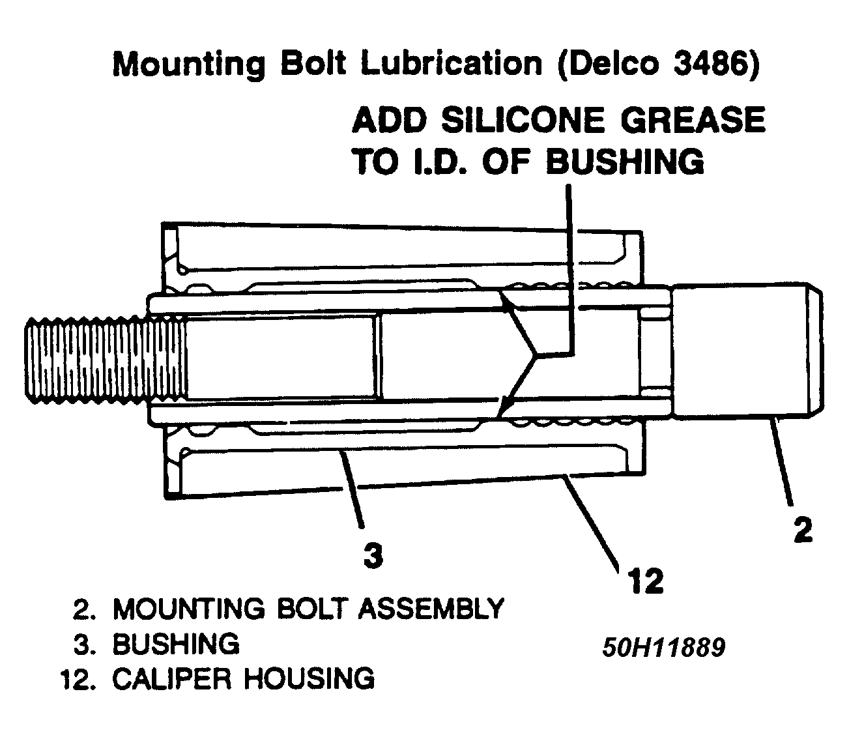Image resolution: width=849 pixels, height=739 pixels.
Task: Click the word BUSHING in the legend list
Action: [x=176, y=644]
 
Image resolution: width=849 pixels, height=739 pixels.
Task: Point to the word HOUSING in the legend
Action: [x=309, y=678]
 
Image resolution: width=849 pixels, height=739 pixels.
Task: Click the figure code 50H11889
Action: [x=663, y=648]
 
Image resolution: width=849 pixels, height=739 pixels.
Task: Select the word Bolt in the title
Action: [x=316, y=65]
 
